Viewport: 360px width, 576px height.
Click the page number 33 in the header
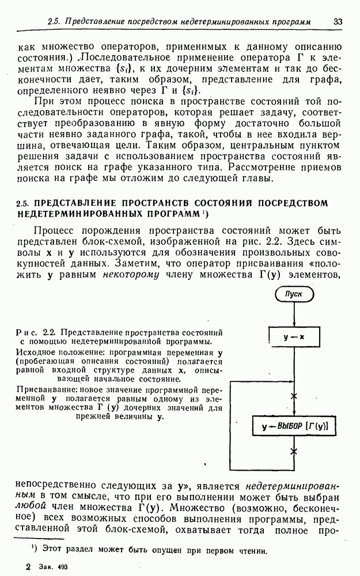coord(338,21)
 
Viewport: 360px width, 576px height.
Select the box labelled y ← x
coord(294,337)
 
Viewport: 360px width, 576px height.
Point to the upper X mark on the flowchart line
coord(294,396)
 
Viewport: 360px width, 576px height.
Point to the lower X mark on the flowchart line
coord(294,452)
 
